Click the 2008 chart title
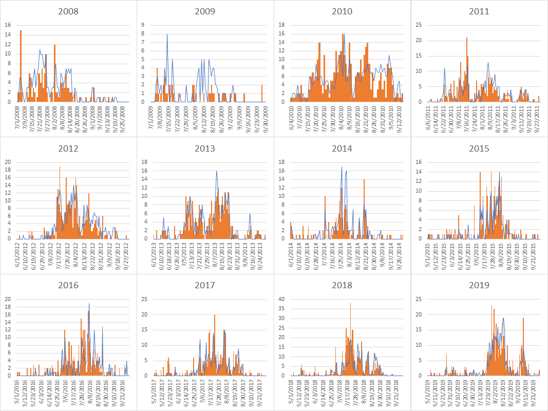(x=68, y=11)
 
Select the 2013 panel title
(x=205, y=148)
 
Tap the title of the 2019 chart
(x=479, y=285)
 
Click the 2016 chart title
(x=68, y=285)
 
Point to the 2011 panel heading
(x=479, y=11)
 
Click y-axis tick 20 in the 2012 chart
(x=7, y=162)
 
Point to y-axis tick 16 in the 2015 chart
(x=419, y=162)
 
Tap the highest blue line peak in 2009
(x=167, y=35)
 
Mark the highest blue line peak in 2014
(x=342, y=167)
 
